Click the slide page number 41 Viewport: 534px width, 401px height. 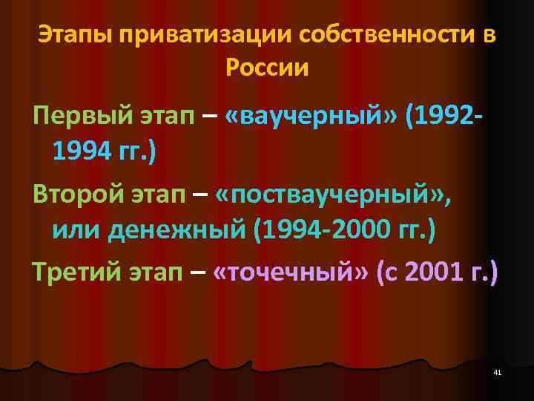point(498,371)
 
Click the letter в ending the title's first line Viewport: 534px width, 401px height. point(487,35)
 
